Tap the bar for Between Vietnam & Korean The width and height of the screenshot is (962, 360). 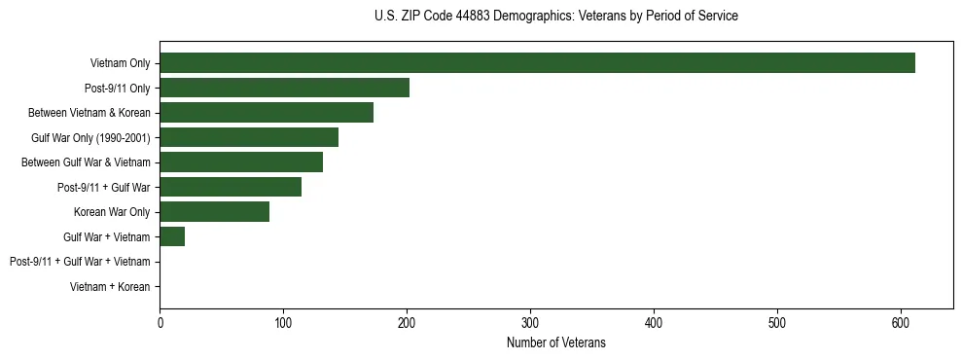(x=267, y=113)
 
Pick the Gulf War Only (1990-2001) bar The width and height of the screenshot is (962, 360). (x=249, y=137)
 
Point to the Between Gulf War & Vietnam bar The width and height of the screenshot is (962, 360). (x=241, y=162)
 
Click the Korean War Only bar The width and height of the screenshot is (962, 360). (x=214, y=212)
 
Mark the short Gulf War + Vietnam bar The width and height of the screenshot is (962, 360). (x=172, y=236)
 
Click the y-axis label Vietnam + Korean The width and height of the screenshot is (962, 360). (x=110, y=287)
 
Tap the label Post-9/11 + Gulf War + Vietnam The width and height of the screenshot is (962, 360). (x=80, y=262)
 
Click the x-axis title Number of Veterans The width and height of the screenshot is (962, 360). (x=556, y=342)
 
